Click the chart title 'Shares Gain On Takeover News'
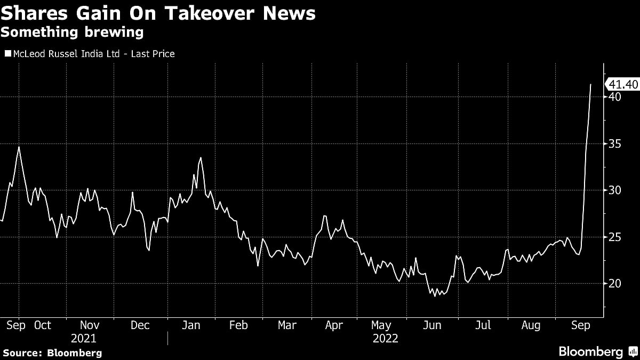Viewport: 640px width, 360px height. (158, 13)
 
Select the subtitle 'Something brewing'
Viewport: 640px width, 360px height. (72, 33)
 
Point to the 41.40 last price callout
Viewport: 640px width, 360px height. (623, 84)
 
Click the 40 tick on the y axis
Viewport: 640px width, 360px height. (615, 97)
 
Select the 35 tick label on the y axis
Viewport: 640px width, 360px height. (615, 143)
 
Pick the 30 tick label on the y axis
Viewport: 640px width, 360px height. (615, 190)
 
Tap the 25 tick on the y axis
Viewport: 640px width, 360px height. (615, 237)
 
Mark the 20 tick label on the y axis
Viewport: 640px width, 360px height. (615, 283)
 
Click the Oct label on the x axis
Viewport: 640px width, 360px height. (43, 325)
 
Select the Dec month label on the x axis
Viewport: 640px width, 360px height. (140, 325)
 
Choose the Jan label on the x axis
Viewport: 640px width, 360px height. (190, 325)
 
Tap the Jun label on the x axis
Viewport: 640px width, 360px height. (432, 325)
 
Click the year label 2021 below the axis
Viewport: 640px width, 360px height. (84, 339)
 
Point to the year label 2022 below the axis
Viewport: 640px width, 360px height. (385, 339)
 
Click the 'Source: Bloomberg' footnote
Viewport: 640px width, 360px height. (52, 353)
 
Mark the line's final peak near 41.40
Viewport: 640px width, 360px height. (590, 84)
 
